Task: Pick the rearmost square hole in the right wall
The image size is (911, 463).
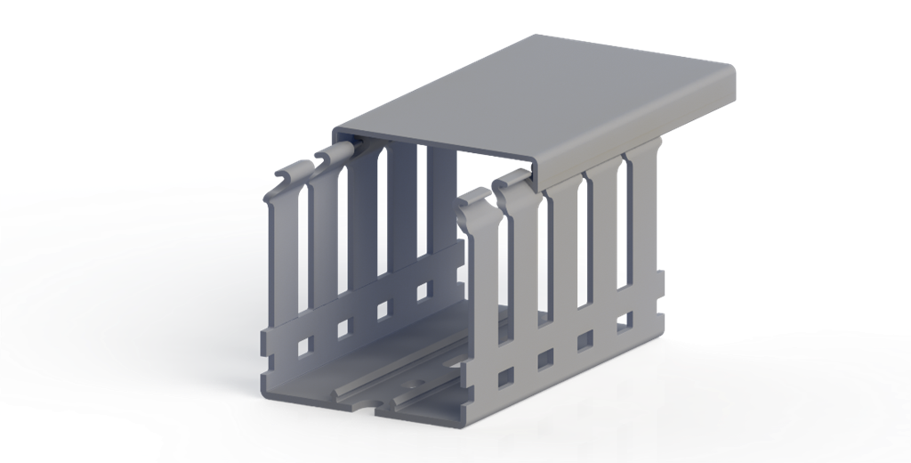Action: click(625, 319)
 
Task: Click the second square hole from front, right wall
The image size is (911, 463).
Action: click(545, 358)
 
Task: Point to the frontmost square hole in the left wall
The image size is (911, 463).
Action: click(305, 345)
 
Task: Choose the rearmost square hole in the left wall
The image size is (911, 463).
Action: click(423, 290)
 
